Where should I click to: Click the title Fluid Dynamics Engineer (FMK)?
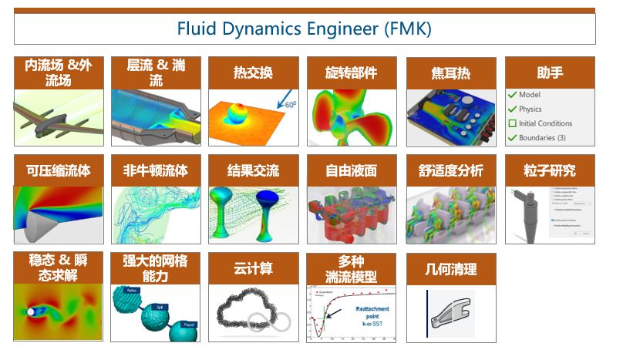pyautogui.click(x=304, y=29)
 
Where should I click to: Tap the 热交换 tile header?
pyautogui.click(x=253, y=73)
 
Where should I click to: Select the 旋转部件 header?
pyautogui.click(x=352, y=73)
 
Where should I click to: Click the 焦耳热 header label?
pyautogui.click(x=450, y=73)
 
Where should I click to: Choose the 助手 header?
pyautogui.click(x=548, y=73)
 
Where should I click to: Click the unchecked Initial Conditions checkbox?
pyautogui.click(x=512, y=123)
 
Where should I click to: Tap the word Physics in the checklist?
pyautogui.click(x=530, y=109)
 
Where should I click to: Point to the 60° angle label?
pyautogui.click(x=291, y=103)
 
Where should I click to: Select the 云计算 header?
pyautogui.click(x=253, y=268)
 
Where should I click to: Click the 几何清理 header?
pyautogui.click(x=450, y=268)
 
